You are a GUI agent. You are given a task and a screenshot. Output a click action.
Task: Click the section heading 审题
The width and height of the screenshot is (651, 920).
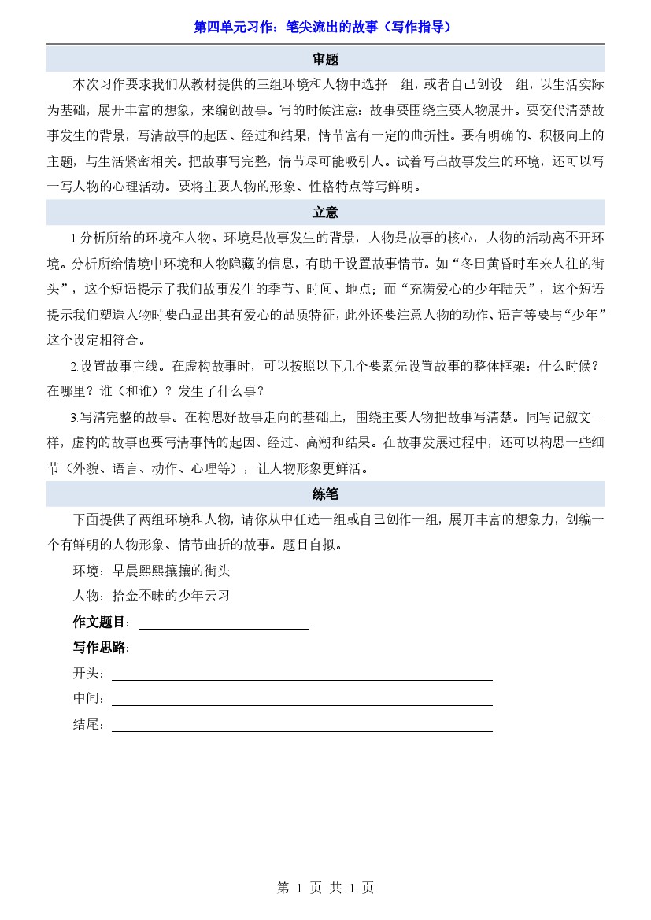pyautogui.click(x=325, y=60)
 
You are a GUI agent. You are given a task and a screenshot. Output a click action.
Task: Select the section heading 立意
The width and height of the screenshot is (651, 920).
pyautogui.click(x=325, y=212)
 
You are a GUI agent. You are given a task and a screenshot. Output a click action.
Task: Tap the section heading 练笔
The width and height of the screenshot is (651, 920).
pyautogui.click(x=325, y=494)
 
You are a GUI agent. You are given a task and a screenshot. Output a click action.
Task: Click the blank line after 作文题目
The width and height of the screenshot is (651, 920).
pyautogui.click(x=224, y=623)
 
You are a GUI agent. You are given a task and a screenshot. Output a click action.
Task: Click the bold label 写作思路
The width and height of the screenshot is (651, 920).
pyautogui.click(x=100, y=648)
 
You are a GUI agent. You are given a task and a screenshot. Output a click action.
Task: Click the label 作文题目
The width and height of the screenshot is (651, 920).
pyautogui.click(x=101, y=623)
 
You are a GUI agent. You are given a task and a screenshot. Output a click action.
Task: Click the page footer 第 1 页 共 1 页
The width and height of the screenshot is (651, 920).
pyautogui.click(x=325, y=888)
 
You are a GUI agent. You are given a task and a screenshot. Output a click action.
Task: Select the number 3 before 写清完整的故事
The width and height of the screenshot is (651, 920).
pyautogui.click(x=74, y=417)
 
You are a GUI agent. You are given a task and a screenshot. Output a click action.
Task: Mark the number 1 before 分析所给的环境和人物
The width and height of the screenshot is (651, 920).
pyautogui.click(x=74, y=238)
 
